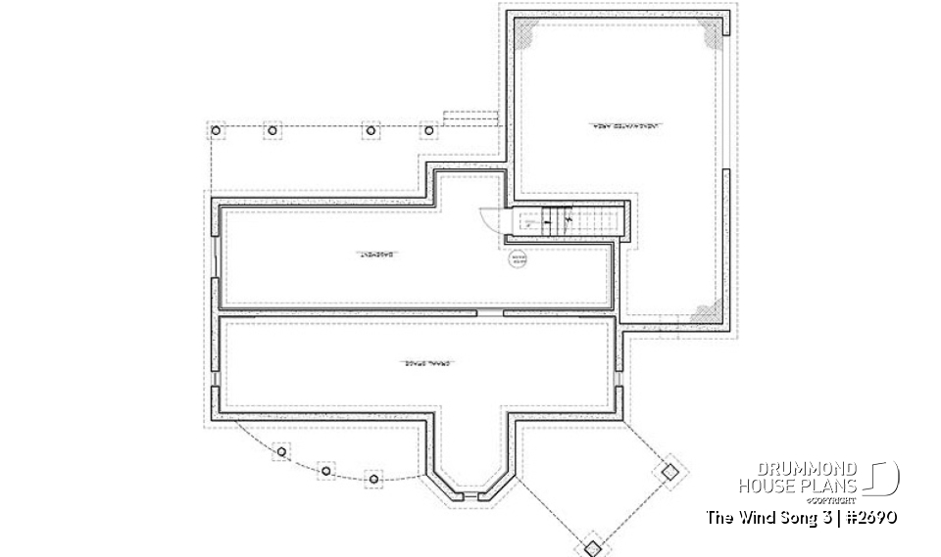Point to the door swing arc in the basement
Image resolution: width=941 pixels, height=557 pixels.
488,217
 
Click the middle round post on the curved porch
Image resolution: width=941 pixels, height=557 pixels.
325,471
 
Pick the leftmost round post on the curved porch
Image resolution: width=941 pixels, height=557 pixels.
282,452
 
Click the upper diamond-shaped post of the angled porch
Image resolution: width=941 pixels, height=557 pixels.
669,470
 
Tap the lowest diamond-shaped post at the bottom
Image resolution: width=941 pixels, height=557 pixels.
592,546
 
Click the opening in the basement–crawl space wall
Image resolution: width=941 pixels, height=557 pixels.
490,312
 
